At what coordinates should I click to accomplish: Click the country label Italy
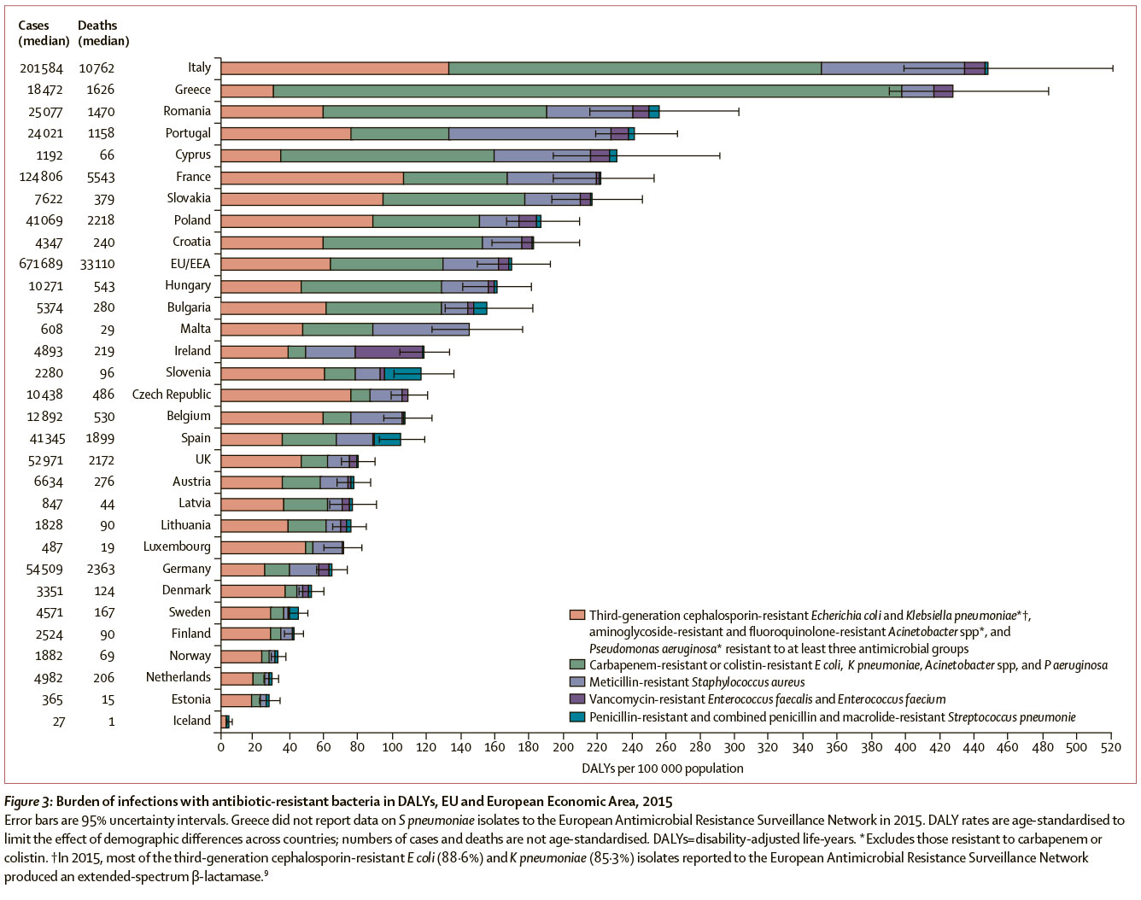pyautogui.click(x=199, y=67)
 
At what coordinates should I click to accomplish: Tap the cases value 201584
pyautogui.click(x=41, y=68)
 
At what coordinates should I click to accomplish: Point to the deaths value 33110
pyautogui.click(x=97, y=264)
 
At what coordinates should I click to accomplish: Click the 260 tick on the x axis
pyautogui.click(x=665, y=747)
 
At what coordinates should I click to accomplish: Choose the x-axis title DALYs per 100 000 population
pyautogui.click(x=662, y=769)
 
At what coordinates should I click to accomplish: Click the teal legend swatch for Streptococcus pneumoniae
pyautogui.click(x=577, y=716)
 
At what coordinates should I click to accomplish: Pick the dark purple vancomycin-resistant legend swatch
pyautogui.click(x=577, y=699)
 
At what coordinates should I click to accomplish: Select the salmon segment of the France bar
pyautogui.click(x=312, y=178)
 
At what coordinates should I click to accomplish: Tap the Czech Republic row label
pyautogui.click(x=172, y=394)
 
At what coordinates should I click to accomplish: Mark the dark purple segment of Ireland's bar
pyautogui.click(x=389, y=352)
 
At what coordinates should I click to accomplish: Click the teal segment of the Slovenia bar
pyautogui.click(x=403, y=373)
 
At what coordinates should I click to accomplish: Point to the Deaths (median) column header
pyautogui.click(x=103, y=33)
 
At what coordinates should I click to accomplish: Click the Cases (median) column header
pyautogui.click(x=44, y=33)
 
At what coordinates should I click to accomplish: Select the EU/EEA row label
pyautogui.click(x=190, y=264)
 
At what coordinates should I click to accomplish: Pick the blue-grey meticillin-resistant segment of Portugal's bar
pyautogui.click(x=530, y=133)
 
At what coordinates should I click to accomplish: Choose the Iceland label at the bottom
pyautogui.click(x=191, y=721)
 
